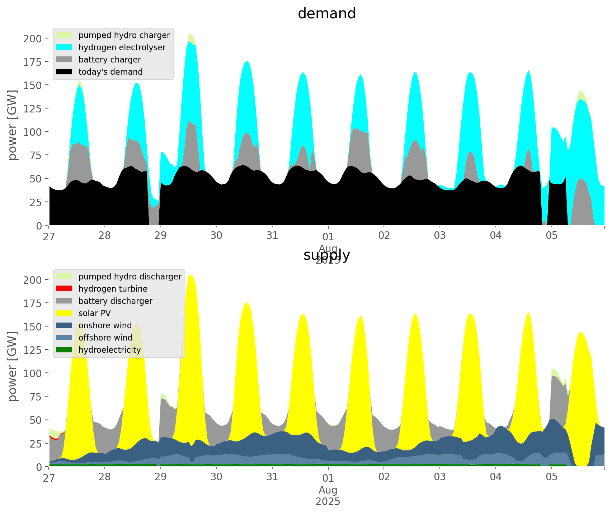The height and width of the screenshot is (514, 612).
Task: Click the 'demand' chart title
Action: (x=326, y=14)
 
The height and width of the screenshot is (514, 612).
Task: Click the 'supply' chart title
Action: (x=326, y=255)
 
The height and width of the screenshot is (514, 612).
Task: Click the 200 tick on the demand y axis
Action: (x=33, y=38)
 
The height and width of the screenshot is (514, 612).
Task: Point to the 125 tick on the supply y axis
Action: (x=33, y=350)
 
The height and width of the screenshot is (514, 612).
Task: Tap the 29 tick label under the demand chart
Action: (x=160, y=236)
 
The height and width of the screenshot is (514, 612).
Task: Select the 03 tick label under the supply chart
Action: (x=439, y=477)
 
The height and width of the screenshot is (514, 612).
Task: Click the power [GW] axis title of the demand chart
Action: (x=13, y=125)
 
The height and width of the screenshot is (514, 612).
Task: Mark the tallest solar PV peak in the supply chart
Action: (x=190, y=276)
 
